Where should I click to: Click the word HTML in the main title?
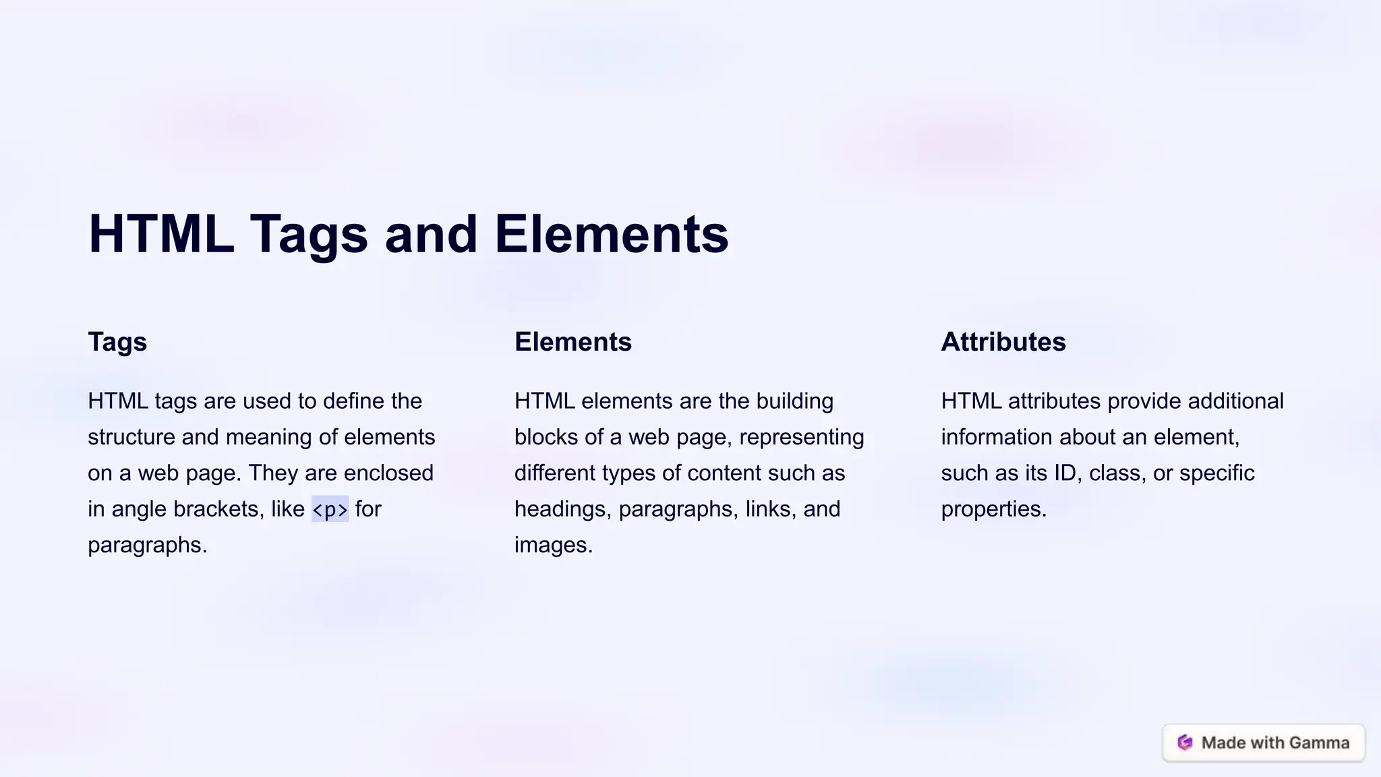click(161, 234)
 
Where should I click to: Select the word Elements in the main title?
click(611, 234)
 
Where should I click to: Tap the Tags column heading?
click(117, 342)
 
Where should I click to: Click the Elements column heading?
click(572, 342)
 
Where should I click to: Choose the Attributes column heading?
click(1003, 342)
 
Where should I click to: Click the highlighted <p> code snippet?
click(330, 509)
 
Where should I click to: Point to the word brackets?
click(215, 509)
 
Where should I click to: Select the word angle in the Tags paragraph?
click(139, 509)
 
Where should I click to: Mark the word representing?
click(801, 437)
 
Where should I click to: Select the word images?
click(553, 545)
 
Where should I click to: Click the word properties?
click(993, 509)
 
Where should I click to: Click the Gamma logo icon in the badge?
click(1185, 743)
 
